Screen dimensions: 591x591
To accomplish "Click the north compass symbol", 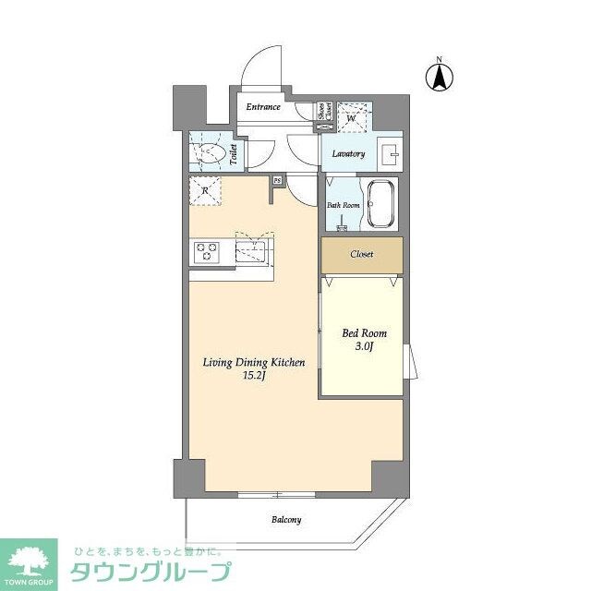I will coord(440,77).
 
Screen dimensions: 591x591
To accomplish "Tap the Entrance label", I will coord(263,107).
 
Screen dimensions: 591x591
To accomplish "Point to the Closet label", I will coord(362,254).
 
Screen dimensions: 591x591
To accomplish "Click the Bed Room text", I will coord(365,333).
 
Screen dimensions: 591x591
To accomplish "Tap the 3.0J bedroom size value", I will coord(365,347).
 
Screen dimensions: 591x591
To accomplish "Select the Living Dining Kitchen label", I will coord(254,363).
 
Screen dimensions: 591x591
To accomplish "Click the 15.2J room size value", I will coord(254,377).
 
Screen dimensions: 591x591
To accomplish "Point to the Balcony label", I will coord(286,520).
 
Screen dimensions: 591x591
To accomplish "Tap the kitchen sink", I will coord(251,249).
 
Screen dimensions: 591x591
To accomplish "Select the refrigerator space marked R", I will coord(207,192).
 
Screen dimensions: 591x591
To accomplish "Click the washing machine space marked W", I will coord(353,116).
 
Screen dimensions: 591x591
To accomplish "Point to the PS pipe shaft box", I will coord(276,181).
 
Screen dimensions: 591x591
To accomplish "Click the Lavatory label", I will coord(347,154).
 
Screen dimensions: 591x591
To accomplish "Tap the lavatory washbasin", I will coord(390,152).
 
